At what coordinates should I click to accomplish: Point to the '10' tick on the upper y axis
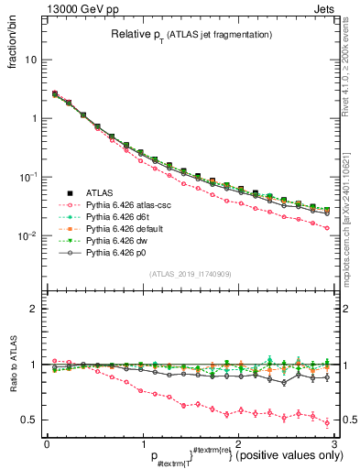pos(31,60)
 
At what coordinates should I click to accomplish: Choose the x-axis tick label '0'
pos(46,442)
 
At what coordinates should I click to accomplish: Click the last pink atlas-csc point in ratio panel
pos(327,422)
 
